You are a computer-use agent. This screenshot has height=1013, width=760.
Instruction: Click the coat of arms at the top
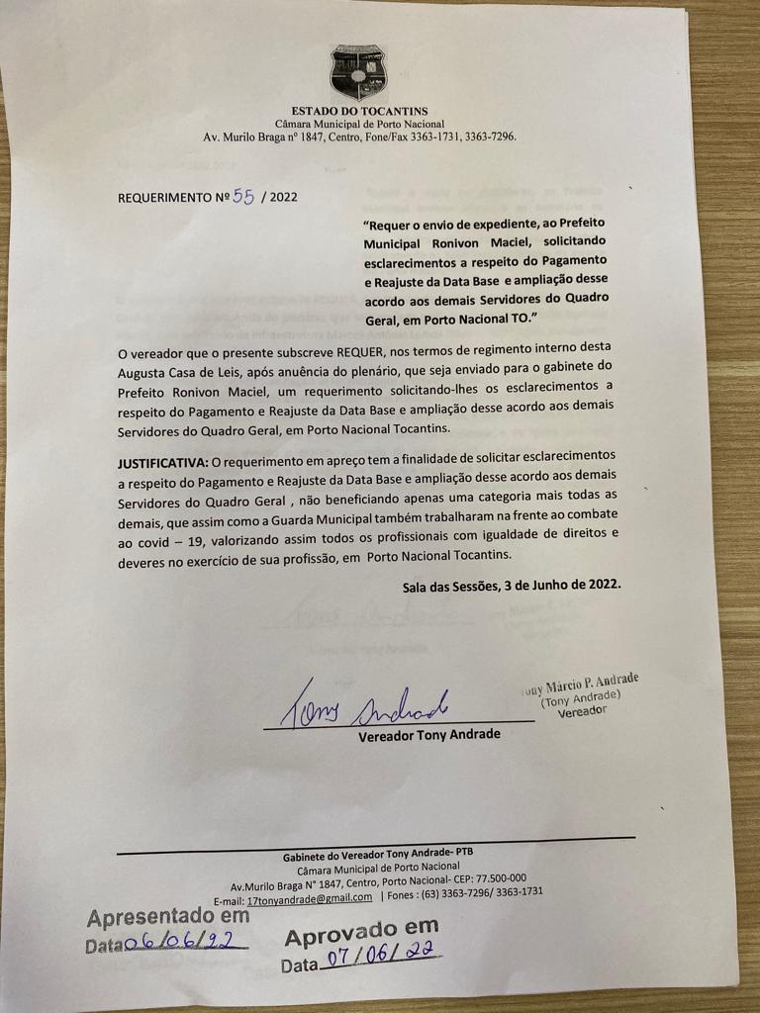tap(358, 72)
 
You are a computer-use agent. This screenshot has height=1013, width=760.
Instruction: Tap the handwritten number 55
tap(243, 195)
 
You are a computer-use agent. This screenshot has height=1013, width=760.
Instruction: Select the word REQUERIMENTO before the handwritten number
tap(165, 197)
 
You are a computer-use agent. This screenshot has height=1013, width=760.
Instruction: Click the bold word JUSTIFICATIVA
tap(161, 462)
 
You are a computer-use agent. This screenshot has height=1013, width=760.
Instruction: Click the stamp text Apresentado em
tap(167, 917)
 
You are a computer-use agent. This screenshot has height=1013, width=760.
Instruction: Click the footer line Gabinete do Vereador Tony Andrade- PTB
tap(379, 853)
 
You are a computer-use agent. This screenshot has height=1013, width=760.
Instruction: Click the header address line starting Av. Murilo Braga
tap(359, 138)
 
